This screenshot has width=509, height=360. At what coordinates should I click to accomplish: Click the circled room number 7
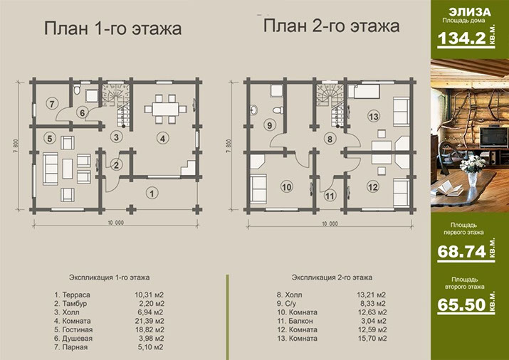click(x=52, y=104)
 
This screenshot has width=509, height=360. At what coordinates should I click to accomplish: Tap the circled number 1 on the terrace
click(x=152, y=194)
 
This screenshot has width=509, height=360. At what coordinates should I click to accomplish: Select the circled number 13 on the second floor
click(x=374, y=117)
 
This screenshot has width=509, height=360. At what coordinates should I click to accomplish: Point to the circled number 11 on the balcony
click(x=330, y=196)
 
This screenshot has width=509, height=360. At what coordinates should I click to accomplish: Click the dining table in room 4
click(x=166, y=109)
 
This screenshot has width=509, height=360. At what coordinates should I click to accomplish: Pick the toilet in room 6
click(x=77, y=90)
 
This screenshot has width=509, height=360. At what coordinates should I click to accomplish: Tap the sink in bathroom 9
click(x=254, y=110)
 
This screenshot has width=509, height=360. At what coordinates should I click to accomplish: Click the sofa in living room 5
click(x=51, y=169)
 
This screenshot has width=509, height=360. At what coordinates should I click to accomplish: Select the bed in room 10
click(x=258, y=189)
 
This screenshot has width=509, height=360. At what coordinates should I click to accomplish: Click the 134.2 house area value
click(x=461, y=38)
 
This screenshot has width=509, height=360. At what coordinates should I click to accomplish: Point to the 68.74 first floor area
click(x=461, y=251)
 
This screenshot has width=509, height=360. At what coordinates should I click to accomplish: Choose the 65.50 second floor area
click(x=461, y=305)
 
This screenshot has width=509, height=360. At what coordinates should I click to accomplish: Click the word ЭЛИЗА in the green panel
click(x=470, y=12)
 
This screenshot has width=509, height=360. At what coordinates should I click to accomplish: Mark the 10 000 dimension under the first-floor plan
click(x=116, y=223)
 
